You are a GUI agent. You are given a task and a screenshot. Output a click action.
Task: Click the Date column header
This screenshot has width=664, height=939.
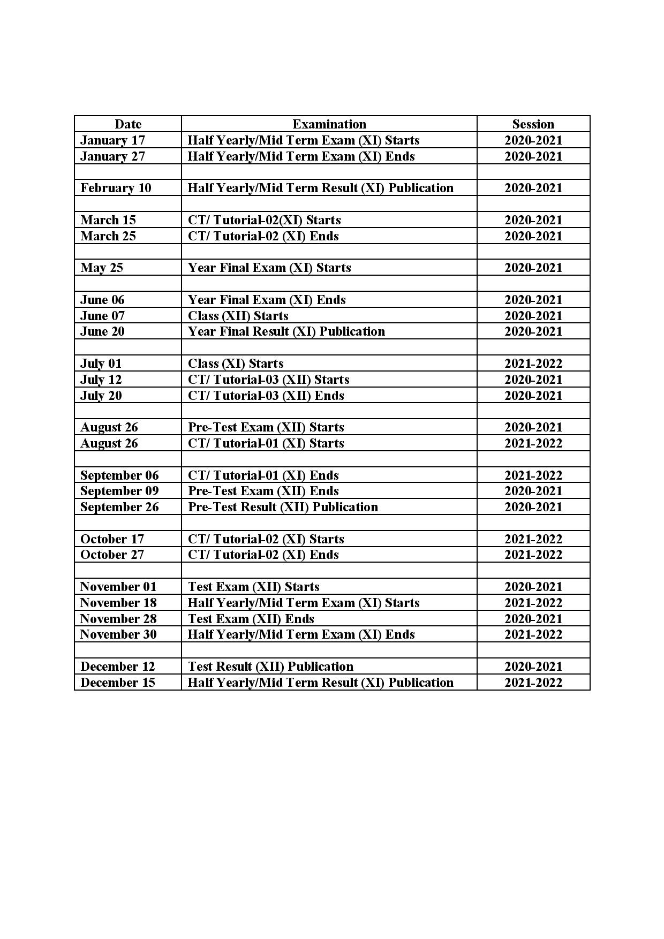coord(128,124)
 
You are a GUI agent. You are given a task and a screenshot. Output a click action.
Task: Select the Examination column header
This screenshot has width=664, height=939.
coord(329,124)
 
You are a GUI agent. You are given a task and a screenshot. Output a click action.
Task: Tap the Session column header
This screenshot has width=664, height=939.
coord(533,124)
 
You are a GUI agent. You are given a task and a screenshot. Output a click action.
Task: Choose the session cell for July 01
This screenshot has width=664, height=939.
coord(533,364)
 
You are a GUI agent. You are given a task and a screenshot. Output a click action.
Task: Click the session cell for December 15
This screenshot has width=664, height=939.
coord(533,683)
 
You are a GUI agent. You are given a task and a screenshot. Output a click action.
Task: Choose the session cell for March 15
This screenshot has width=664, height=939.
coord(533,220)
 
